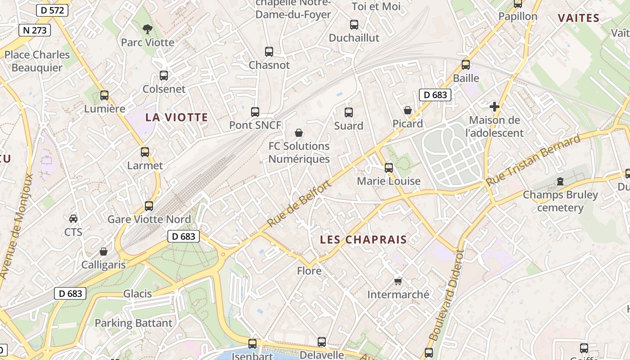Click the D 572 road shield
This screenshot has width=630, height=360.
point(52,10)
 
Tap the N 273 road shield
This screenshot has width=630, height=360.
point(35,30)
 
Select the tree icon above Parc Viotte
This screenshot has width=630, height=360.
point(147,30)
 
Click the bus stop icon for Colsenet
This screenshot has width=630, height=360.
point(164,76)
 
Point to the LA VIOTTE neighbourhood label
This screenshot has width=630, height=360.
point(176,117)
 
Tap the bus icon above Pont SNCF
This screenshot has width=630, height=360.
point(255,112)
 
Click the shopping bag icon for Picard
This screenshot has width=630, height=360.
point(408,110)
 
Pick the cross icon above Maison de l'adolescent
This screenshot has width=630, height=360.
point(495,107)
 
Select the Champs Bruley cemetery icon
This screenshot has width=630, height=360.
point(560,181)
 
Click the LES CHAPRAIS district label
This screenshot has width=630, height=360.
point(363,240)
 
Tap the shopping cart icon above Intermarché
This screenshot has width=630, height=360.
point(398,281)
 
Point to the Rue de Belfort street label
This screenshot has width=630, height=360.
point(299,203)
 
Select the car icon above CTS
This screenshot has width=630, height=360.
point(73,219)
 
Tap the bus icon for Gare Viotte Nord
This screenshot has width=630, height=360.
point(149,206)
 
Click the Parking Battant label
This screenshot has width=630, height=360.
point(133,323)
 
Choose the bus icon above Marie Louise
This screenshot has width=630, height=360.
point(389,168)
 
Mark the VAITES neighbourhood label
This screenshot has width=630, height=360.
point(579,18)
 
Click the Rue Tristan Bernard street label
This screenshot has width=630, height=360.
point(533,161)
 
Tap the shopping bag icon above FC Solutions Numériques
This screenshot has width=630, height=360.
point(299,133)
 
